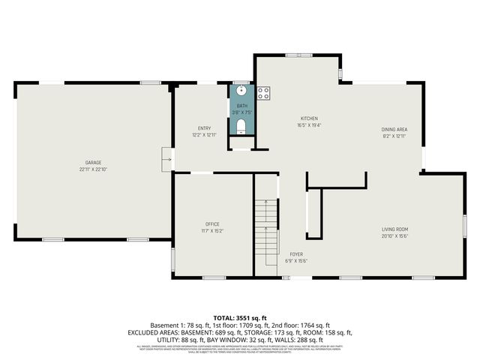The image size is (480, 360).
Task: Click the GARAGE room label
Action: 93,163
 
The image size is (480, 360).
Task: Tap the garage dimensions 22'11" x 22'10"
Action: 93,169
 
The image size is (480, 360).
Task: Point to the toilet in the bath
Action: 241,128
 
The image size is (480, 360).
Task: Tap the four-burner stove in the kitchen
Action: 263,93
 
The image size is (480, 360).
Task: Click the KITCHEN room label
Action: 310,118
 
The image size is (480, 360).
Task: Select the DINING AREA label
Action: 394,129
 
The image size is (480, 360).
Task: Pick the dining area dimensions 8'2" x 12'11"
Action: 394,136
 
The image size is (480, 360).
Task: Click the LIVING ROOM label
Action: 394,229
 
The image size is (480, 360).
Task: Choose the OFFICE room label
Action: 212,224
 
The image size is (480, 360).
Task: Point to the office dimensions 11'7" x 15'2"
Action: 212,231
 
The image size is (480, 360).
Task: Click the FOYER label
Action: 297,254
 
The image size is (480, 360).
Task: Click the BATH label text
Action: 241,106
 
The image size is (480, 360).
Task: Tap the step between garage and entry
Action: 167,158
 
